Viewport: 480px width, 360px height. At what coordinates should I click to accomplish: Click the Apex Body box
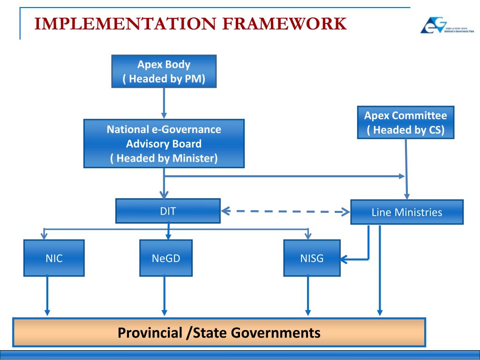(164, 71)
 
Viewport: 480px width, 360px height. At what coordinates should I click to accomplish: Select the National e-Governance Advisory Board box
(164, 143)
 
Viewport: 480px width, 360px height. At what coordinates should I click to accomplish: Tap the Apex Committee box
(405, 122)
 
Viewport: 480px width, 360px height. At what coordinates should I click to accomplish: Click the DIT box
(168, 211)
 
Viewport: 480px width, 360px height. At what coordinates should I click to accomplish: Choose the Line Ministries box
(406, 212)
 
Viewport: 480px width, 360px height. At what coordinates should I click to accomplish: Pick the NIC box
(54, 258)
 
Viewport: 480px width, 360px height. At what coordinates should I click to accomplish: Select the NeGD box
(165, 258)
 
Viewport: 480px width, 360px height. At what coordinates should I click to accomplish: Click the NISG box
(311, 258)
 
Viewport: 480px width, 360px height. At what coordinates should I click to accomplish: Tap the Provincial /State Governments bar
(219, 332)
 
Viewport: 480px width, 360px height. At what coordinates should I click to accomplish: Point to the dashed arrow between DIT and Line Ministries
(285, 211)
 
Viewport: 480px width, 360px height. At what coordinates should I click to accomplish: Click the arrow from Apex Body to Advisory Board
(164, 103)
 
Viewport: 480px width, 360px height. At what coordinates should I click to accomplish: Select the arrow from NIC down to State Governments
(47, 295)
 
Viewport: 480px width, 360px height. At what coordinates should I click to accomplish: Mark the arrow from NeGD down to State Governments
(164, 295)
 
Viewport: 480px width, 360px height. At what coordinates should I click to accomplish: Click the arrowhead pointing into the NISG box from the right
(345, 258)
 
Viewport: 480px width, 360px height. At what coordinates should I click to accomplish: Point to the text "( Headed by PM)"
(164, 79)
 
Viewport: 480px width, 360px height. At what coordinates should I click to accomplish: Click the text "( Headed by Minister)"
(164, 158)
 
